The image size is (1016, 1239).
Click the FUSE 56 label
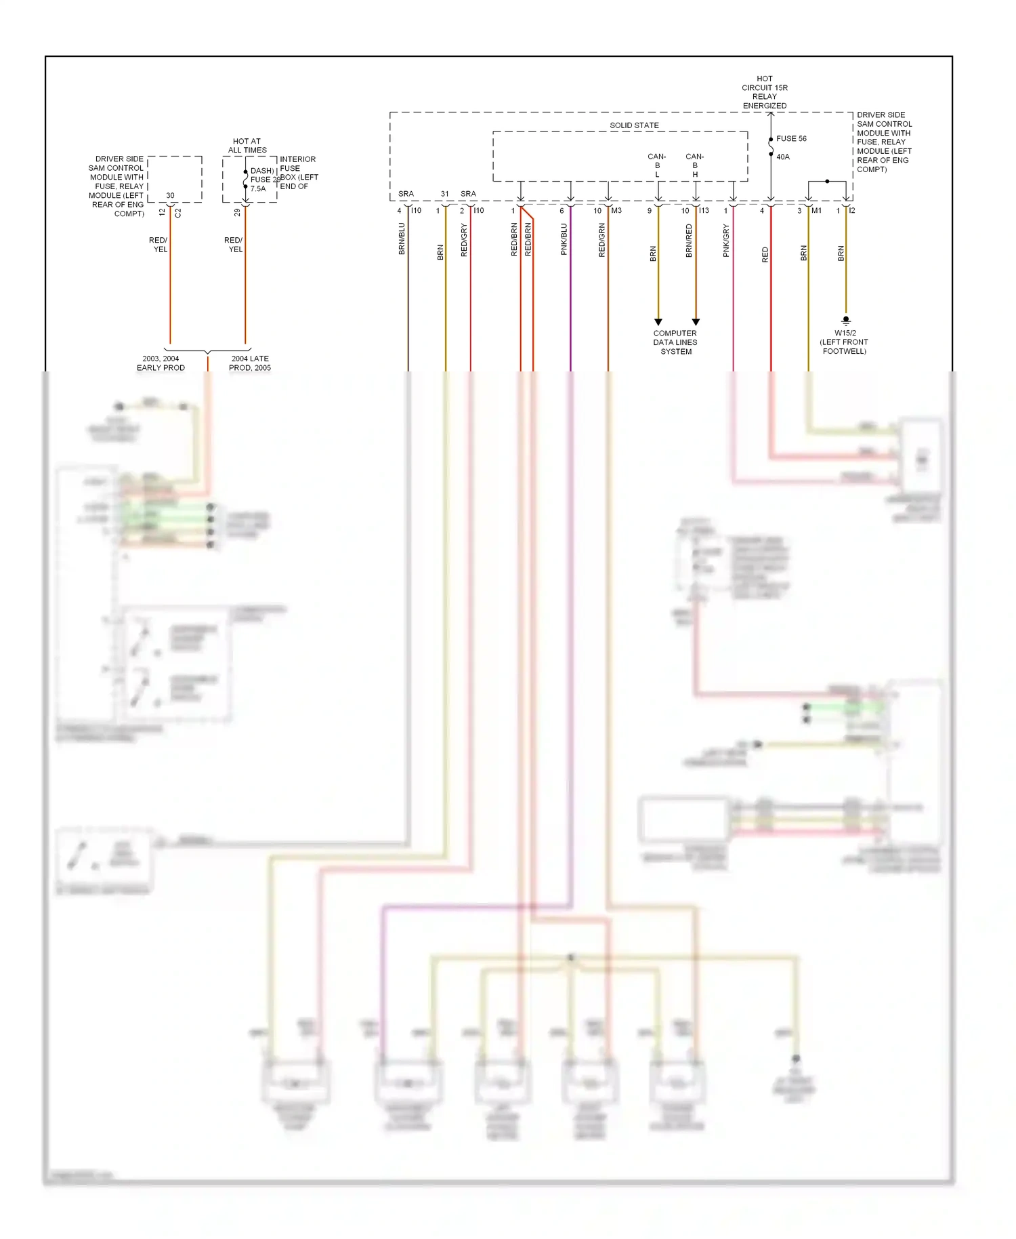point(791,139)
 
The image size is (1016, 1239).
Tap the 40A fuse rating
point(783,157)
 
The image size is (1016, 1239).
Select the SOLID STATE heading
point(634,125)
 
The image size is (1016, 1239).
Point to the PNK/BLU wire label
point(564,239)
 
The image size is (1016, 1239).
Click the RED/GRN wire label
point(602,240)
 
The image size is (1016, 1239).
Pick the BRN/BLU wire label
point(402,239)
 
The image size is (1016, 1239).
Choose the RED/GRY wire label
point(464,240)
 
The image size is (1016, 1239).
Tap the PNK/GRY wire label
point(726,241)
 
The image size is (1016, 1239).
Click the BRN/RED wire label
point(689,241)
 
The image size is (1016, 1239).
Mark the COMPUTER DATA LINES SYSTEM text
point(675,342)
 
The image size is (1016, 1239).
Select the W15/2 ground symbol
point(845,321)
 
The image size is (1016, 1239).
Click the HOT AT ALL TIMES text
point(247,146)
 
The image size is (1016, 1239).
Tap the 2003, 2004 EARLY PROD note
point(161,363)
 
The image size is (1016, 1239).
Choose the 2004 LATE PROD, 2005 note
point(250,363)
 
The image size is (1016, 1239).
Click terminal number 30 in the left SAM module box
point(170,195)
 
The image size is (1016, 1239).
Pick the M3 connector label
point(616,211)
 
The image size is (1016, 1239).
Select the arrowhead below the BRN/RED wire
point(696,322)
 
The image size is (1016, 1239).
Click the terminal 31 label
point(444,194)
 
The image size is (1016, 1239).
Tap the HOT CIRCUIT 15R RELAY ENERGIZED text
point(765,92)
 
